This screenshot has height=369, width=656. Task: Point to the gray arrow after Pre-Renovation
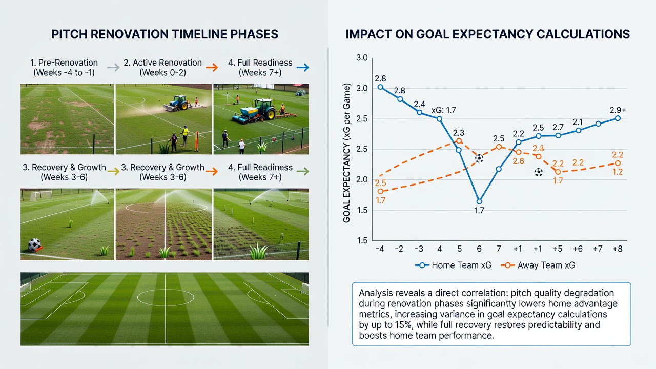coord(113,68)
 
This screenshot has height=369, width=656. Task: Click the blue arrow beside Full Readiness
coord(303,68)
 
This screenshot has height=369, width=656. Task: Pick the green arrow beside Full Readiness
coord(303,171)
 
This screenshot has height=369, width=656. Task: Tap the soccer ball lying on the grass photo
coord(34,245)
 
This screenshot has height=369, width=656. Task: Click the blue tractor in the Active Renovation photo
coord(179,103)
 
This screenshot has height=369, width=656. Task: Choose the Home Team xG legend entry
coord(453,265)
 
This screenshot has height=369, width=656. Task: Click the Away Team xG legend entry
coord(538,265)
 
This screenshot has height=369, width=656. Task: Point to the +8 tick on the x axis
coord(618,249)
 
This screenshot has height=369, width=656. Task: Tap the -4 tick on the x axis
coord(380,249)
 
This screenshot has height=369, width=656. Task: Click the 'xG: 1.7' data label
coord(444,110)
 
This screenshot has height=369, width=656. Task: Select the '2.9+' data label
coord(618,110)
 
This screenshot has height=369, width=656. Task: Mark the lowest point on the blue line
coord(479,201)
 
